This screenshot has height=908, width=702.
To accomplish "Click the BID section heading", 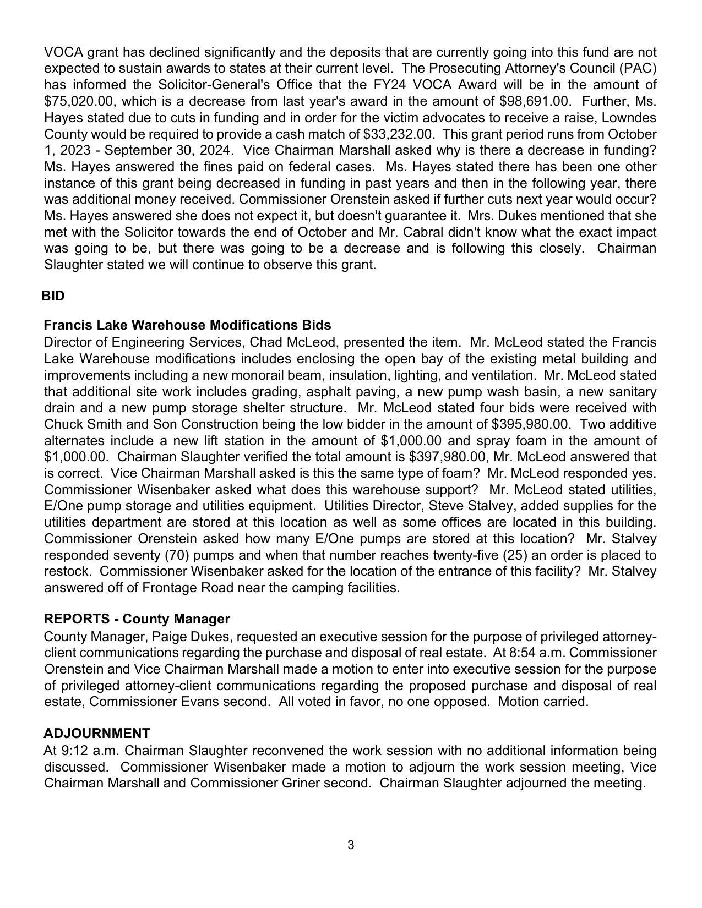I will [53, 296].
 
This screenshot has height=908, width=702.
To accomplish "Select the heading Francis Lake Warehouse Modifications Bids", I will [187, 325].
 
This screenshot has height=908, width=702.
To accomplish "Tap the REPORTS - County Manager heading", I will [137, 619].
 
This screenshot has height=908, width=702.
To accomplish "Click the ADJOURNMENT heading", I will [96, 733].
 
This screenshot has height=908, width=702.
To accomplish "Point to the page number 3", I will [351, 845].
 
